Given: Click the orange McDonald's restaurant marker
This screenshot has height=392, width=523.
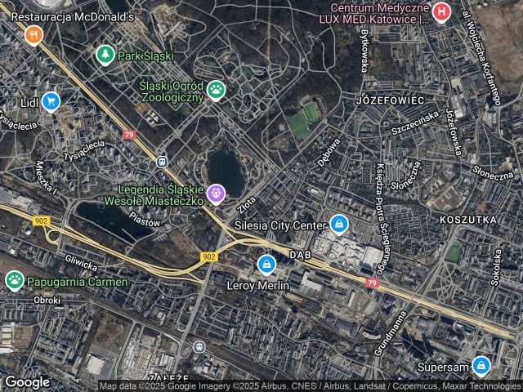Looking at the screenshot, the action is click(x=33, y=33).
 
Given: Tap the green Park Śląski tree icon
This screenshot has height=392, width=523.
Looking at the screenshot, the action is click(x=105, y=55).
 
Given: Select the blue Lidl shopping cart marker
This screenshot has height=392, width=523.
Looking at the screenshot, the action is click(x=51, y=101).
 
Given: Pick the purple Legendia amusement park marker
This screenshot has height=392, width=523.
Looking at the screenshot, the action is click(x=216, y=194).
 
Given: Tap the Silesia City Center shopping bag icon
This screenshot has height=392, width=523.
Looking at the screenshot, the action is click(x=338, y=223).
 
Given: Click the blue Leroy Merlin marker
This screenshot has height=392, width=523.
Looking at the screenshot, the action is click(x=266, y=264).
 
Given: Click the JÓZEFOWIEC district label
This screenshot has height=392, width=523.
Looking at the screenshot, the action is click(x=390, y=100).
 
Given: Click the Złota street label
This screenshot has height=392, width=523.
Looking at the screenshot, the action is click(x=248, y=201).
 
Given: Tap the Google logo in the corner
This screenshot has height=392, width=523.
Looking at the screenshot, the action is click(x=27, y=381).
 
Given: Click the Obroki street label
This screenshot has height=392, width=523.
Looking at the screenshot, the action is click(x=47, y=300).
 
